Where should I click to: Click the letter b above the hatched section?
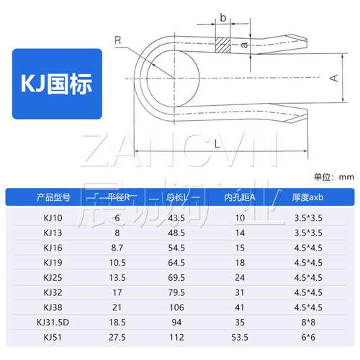coord(223,15)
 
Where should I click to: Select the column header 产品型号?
coord(53,197)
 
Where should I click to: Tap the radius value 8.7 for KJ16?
coord(114,246)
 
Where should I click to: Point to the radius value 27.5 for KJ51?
coord(114,336)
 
